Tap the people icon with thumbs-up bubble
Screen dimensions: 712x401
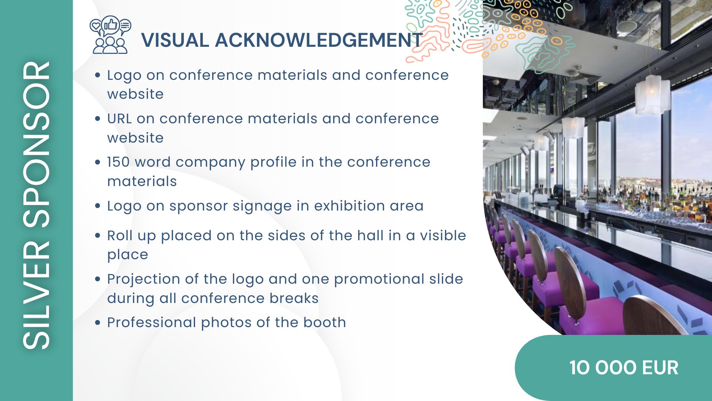(x=110, y=35)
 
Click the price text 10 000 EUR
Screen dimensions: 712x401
(x=624, y=368)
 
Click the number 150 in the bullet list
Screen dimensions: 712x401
(x=118, y=162)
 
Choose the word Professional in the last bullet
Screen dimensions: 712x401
(x=152, y=322)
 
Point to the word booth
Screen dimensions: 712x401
(x=324, y=322)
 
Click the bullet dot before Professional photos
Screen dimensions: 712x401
(x=98, y=323)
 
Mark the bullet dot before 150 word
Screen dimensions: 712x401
(x=98, y=162)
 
